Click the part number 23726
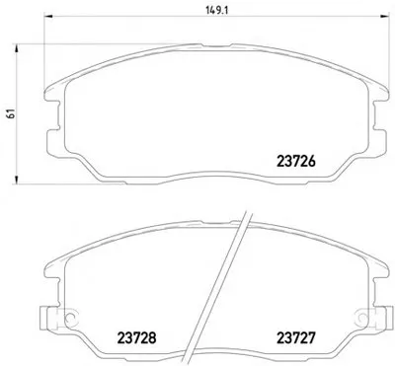[x=296, y=161]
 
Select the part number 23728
[x=136, y=337]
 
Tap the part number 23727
[x=296, y=337]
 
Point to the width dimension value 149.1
[x=217, y=10]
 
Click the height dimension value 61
[x=11, y=113]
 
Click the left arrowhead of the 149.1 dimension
[x=48, y=16]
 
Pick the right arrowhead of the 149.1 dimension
[x=385, y=16]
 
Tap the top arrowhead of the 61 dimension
[x=16, y=48]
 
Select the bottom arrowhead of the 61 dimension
[x=16, y=180]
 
